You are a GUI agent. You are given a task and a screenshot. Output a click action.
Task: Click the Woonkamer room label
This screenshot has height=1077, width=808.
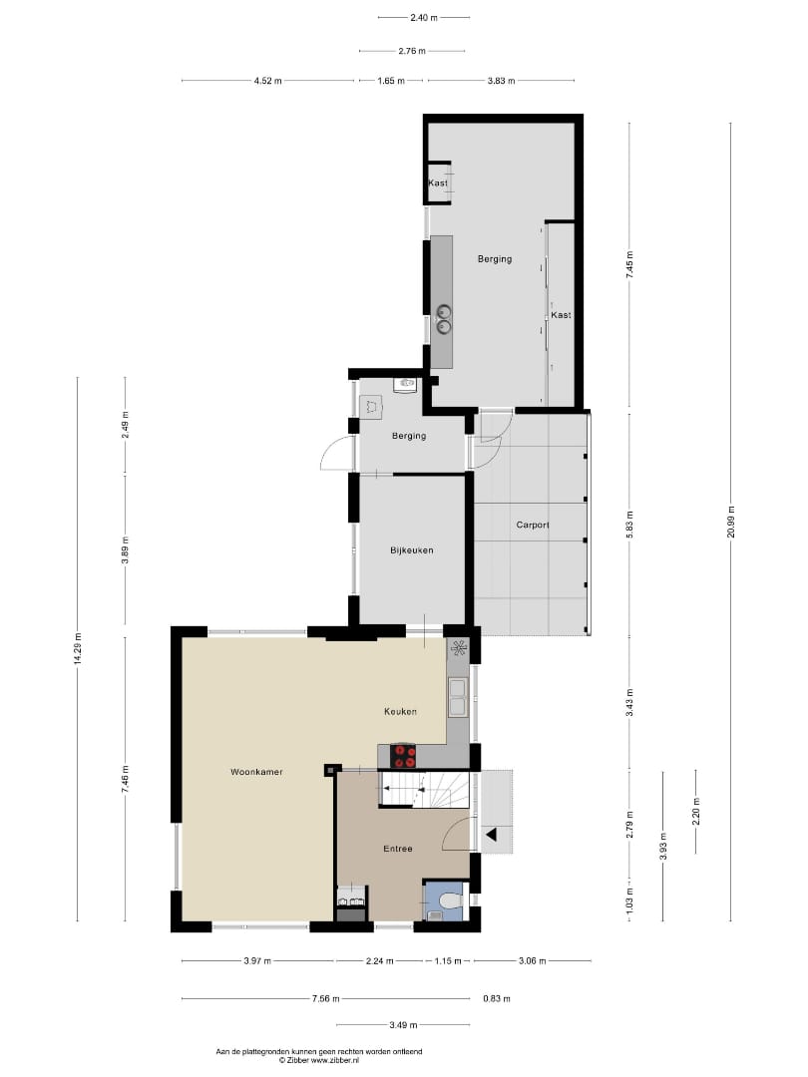point(249,772)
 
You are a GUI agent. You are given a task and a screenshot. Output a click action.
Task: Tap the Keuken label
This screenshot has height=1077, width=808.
point(400,711)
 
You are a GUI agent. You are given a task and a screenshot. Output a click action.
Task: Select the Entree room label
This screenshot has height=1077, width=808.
point(398,849)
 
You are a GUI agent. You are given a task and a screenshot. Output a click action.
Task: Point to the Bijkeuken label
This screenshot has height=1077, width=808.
point(411,549)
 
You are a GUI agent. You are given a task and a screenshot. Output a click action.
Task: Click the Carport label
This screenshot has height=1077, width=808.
point(533,525)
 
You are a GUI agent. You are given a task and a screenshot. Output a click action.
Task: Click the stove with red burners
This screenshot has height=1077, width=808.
point(403,756)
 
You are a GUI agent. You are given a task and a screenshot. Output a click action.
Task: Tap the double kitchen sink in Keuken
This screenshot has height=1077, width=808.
point(458,697)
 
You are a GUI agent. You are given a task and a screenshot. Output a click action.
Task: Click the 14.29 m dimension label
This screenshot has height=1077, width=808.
point(78,649)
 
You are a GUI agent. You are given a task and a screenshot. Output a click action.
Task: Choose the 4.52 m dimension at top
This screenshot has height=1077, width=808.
point(268,81)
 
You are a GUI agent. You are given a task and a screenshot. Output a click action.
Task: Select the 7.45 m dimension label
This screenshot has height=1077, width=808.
point(629,264)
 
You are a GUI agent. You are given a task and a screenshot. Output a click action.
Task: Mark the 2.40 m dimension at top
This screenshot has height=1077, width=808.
point(423,17)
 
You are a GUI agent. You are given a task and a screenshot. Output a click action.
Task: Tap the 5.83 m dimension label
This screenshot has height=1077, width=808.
point(629,524)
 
